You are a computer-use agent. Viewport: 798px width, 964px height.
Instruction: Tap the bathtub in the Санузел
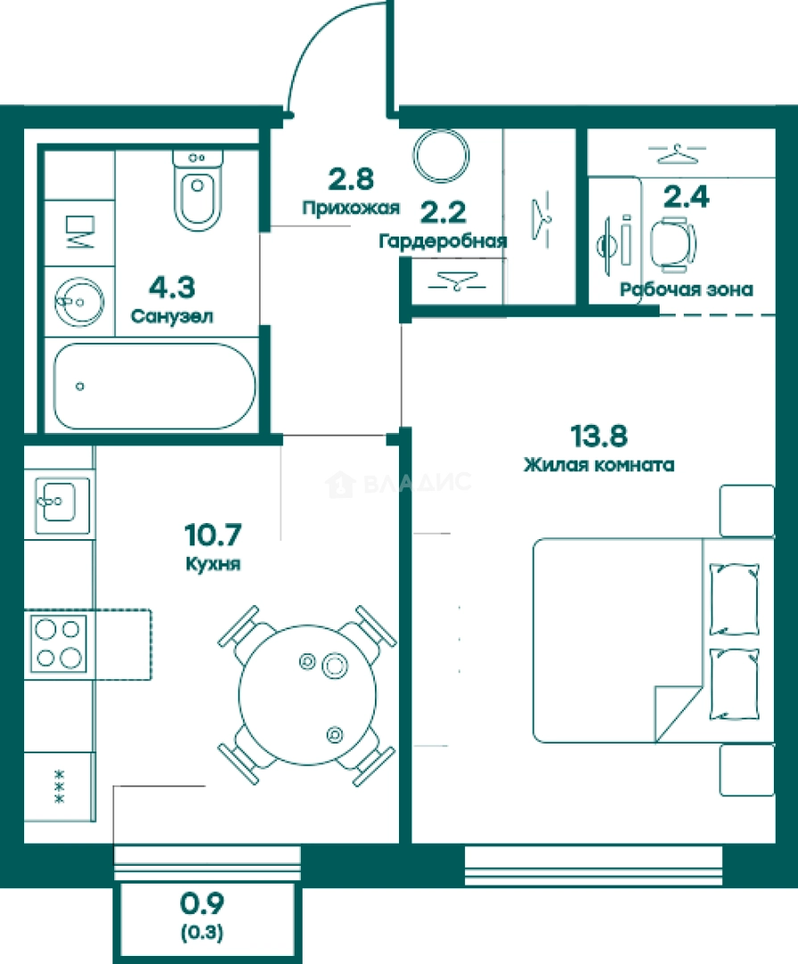pos(154,386)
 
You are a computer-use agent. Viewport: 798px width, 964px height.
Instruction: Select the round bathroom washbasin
pos(79,302)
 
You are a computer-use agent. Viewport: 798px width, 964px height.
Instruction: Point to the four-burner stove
pos(59,644)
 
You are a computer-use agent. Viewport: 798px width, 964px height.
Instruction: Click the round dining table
pos(307,694)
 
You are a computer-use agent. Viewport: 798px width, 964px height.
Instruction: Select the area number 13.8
pos(599,436)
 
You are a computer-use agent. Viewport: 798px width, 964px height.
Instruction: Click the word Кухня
pos(212,564)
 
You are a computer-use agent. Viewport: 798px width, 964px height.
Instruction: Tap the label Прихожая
pos(351,208)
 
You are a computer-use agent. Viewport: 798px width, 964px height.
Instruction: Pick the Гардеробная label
pos(443,240)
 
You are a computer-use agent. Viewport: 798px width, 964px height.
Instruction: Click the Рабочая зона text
pos(686,289)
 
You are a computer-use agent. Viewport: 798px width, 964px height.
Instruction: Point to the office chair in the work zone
pos(674,244)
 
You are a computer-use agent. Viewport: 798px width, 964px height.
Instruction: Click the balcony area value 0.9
pos(202,903)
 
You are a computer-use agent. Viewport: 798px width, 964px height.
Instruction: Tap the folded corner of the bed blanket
pos(678,713)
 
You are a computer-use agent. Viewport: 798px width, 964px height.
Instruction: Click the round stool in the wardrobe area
pos(442,155)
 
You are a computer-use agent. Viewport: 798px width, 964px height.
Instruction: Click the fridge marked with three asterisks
pos(59,786)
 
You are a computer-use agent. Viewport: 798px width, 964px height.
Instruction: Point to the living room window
pos(594,866)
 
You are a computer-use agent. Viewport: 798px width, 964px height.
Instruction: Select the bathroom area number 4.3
pos(172,287)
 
